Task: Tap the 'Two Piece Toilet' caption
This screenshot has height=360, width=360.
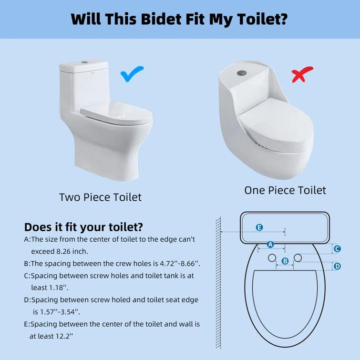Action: coord(100,197)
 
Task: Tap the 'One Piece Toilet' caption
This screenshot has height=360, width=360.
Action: coord(285,190)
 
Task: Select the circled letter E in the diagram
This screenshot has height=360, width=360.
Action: coord(259,227)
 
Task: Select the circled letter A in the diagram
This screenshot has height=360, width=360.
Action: coord(270,245)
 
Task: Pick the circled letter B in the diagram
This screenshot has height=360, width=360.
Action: coord(285,261)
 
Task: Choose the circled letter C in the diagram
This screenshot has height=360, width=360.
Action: coord(337,248)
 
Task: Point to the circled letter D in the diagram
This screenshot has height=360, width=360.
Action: coord(337,266)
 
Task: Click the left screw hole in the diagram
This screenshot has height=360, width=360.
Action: coord(272,257)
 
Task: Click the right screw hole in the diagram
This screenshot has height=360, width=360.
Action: coord(298,257)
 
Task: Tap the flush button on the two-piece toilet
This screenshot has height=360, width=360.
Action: coord(85,62)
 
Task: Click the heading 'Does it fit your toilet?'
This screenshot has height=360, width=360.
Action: coord(83,226)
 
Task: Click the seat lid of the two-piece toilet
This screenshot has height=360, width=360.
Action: coord(114,112)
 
